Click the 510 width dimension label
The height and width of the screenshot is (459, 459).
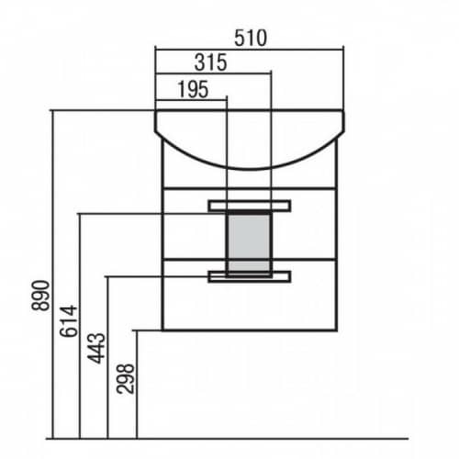[x=251, y=39]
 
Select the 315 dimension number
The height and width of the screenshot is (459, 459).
[x=210, y=62]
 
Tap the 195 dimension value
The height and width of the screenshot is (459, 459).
[x=193, y=89]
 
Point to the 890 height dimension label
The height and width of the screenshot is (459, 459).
[x=40, y=296]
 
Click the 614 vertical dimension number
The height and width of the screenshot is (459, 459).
[x=69, y=321]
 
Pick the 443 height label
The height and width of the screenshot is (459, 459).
[x=96, y=348]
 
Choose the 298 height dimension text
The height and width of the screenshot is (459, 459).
[x=125, y=379]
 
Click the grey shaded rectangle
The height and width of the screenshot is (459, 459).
[x=249, y=243]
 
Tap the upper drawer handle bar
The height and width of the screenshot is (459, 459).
[x=250, y=206]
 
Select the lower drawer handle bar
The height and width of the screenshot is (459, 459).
[x=250, y=276]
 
